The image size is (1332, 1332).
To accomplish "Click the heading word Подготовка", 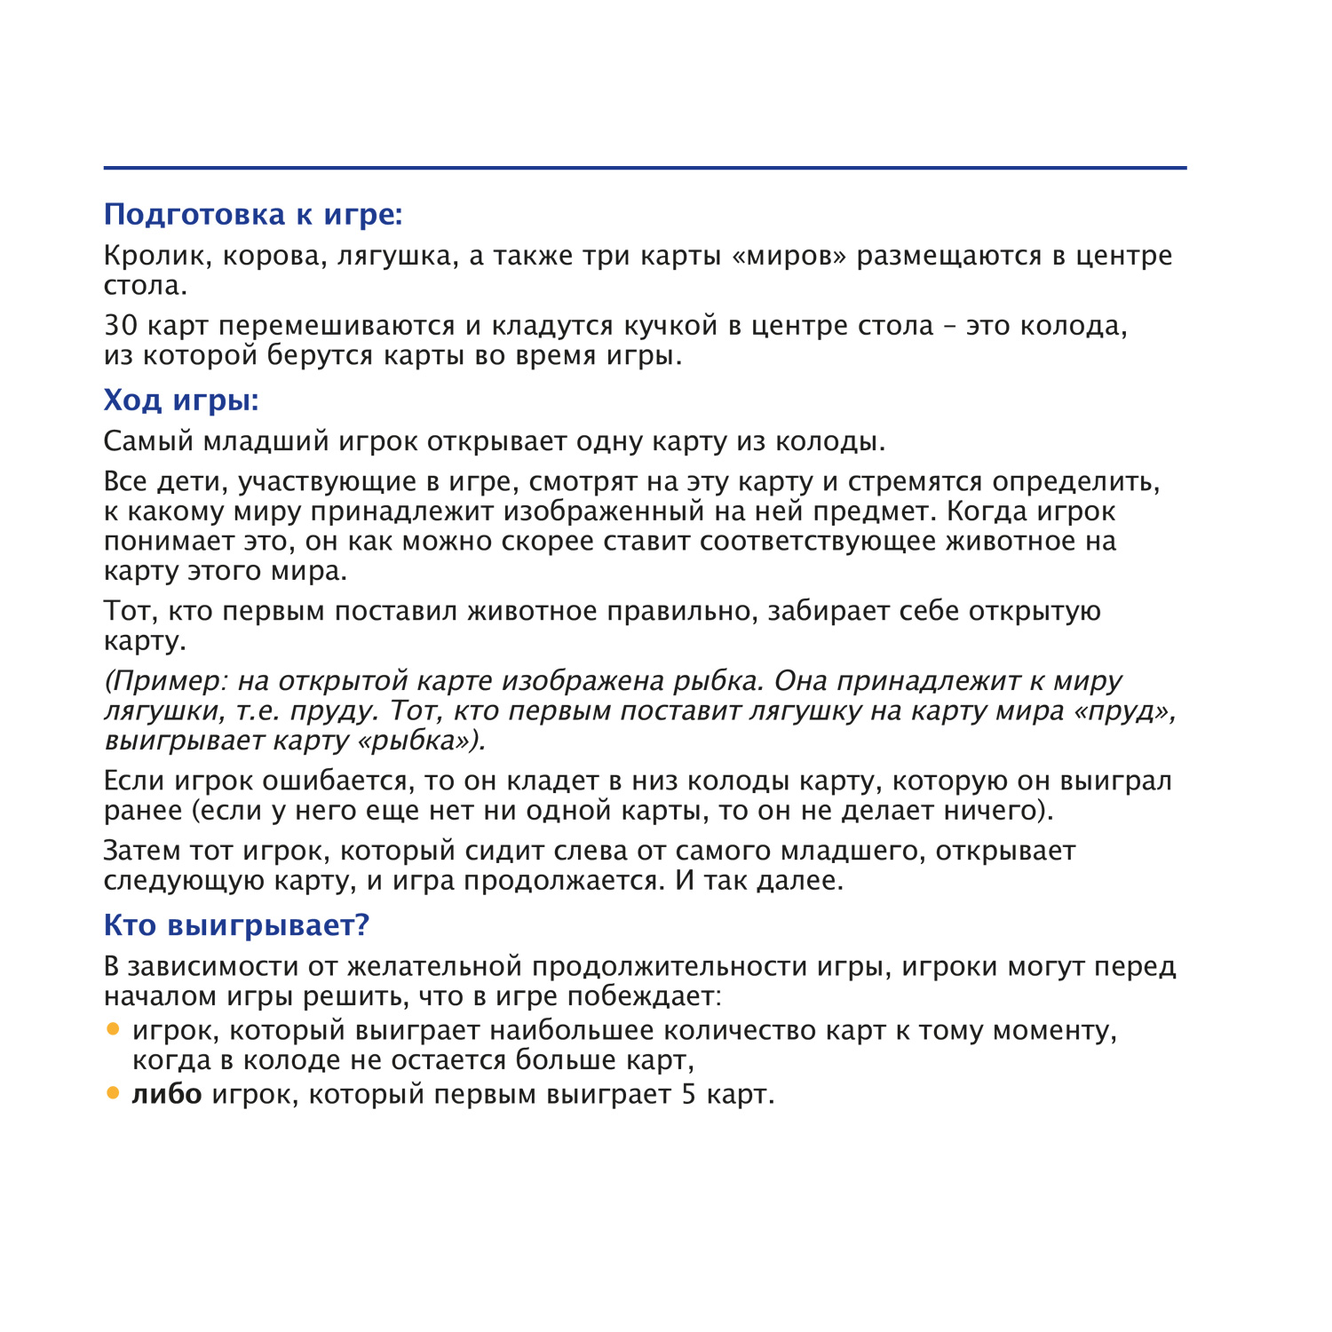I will tap(194, 215).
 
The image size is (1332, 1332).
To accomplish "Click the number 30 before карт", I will tap(120, 326).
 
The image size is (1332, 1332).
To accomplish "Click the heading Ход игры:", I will tap(181, 400).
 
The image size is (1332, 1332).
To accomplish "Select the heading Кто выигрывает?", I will tap(236, 925).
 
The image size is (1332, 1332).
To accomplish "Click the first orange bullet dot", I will tap(113, 1029).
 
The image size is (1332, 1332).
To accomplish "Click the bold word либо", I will tap(167, 1094).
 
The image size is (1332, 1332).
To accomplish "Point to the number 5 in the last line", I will tap(689, 1095).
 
